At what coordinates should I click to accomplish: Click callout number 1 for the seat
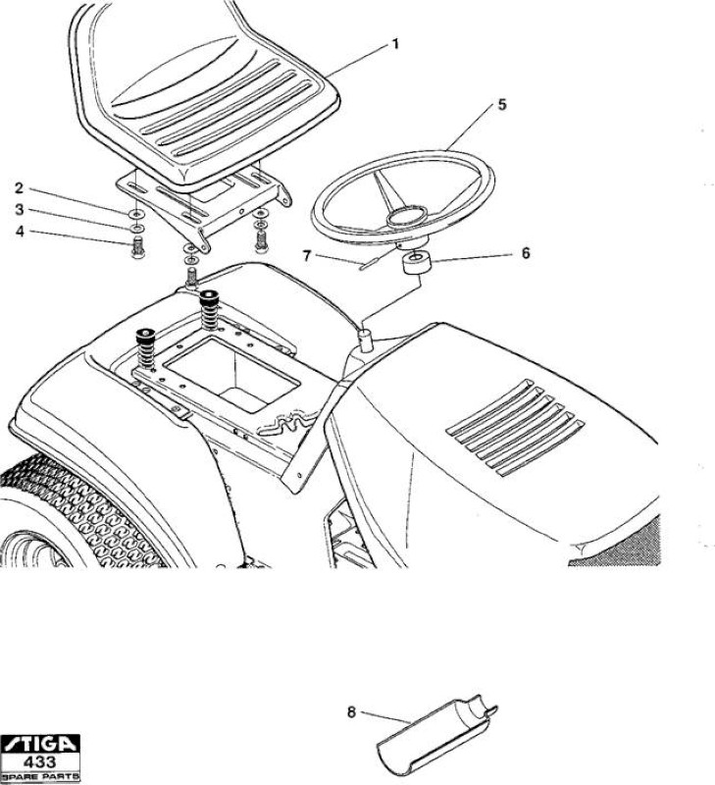(396, 44)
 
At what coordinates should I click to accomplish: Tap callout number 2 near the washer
(19, 188)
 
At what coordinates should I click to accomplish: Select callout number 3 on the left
(19, 209)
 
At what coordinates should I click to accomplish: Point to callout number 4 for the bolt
(20, 232)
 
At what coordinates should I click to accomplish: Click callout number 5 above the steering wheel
(502, 105)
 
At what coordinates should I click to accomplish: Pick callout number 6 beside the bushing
(526, 253)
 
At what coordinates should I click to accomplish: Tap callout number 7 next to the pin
(307, 256)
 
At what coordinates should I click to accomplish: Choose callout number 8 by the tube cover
(351, 711)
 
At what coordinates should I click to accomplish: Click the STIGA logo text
(39, 744)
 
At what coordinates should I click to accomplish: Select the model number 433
(40, 762)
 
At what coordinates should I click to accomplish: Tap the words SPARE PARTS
(40, 777)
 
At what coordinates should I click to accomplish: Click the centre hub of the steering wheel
(406, 215)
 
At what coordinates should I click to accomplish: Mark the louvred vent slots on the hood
(515, 428)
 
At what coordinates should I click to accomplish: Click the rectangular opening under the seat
(232, 374)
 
